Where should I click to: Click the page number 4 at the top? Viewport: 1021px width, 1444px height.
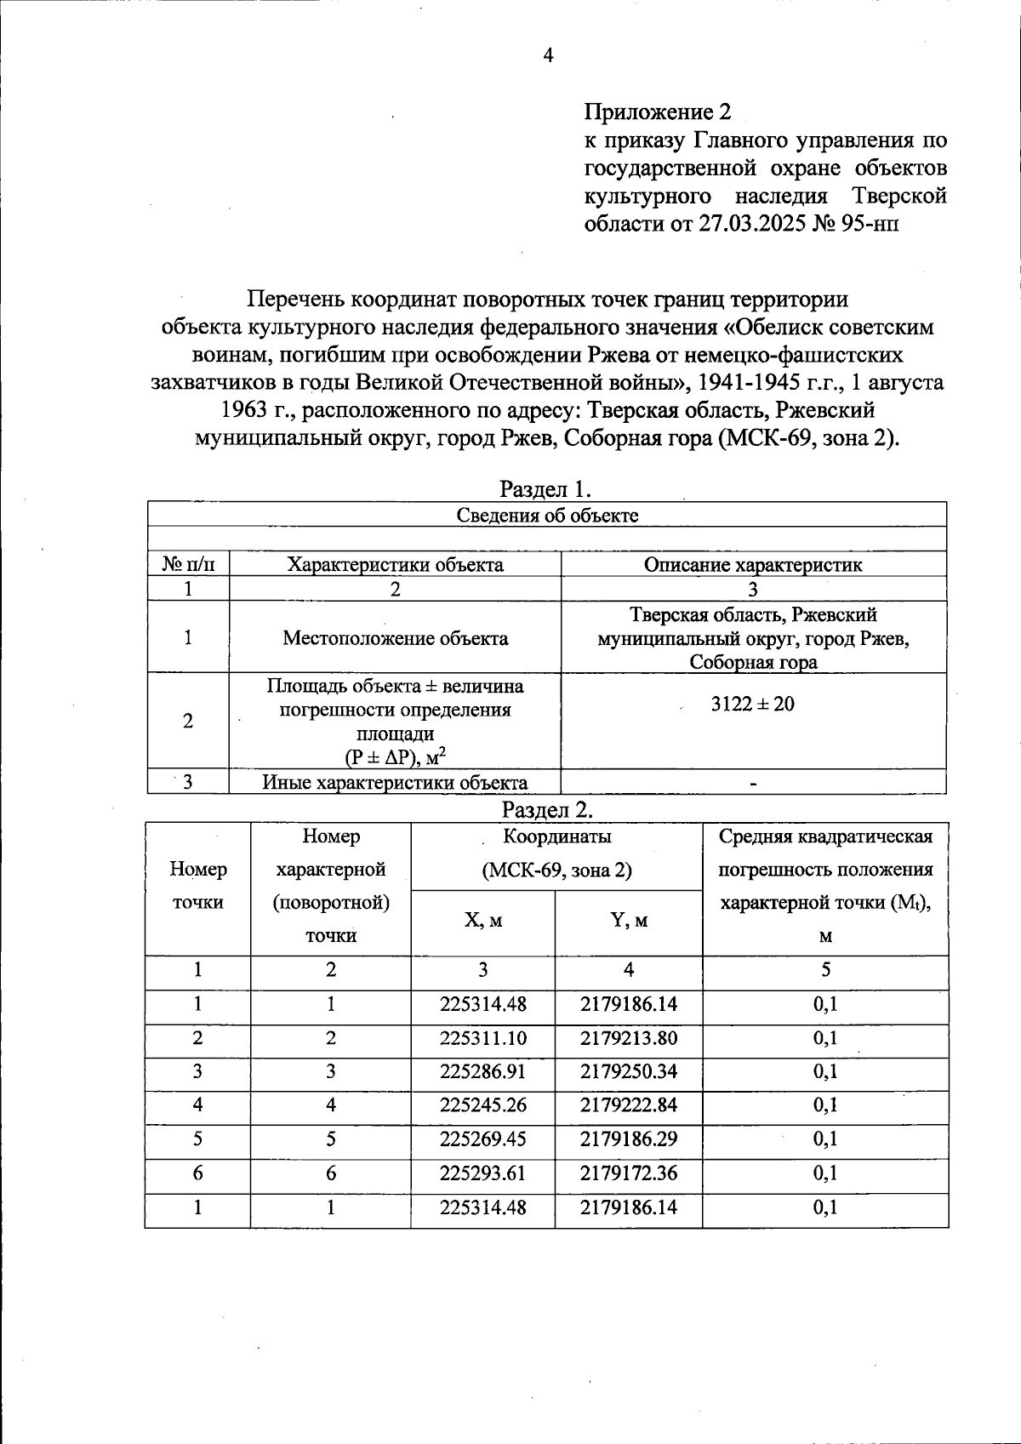pos(547,56)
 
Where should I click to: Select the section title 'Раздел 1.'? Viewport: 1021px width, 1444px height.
pos(545,489)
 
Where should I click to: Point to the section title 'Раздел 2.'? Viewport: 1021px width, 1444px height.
pos(547,808)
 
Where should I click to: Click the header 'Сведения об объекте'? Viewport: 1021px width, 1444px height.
pos(547,515)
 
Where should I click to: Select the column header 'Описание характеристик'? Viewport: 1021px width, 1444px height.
pos(753,565)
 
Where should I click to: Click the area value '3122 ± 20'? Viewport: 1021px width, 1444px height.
pos(753,704)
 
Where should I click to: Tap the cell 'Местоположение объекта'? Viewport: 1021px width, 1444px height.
pos(396,638)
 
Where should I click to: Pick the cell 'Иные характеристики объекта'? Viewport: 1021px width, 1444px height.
pos(395,783)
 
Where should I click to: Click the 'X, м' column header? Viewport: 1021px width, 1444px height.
pos(483,921)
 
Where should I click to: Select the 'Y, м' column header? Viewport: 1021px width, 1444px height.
pos(629,921)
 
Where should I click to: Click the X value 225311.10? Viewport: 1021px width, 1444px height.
pos(483,1038)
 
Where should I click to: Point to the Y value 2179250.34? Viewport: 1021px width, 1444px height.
pos(629,1071)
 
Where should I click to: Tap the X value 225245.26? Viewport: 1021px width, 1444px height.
pos(483,1105)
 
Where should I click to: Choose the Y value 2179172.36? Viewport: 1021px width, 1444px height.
pos(629,1173)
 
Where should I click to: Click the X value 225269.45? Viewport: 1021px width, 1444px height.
pos(483,1139)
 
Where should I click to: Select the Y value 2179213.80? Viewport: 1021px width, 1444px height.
pos(629,1038)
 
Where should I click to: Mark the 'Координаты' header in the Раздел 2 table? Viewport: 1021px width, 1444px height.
pos(556,836)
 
